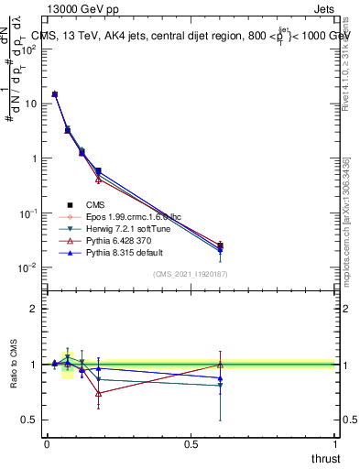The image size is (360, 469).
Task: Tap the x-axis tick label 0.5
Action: tap(191, 444)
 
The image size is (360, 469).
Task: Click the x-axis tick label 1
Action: tap(335, 444)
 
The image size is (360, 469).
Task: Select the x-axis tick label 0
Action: tap(47, 444)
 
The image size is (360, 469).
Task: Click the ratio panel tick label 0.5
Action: tap(29, 420)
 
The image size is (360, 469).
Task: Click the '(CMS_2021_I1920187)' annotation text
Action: tap(190, 275)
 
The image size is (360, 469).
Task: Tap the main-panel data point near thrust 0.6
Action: tap(220, 245)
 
